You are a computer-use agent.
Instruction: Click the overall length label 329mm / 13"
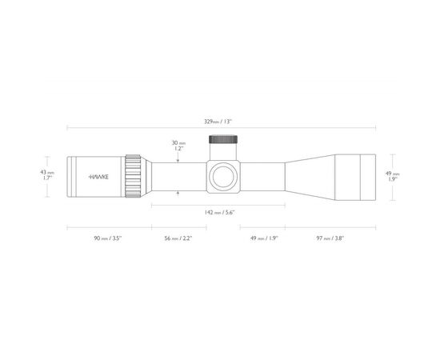click(218, 122)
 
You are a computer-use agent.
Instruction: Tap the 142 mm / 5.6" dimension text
click(218, 211)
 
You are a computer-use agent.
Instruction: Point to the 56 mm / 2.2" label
click(178, 238)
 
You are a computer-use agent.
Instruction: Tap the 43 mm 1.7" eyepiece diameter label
click(48, 174)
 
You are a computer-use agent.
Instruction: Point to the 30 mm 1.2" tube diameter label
click(178, 146)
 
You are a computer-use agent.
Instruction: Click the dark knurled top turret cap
click(224, 141)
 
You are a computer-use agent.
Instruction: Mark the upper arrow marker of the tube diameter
click(178, 160)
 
